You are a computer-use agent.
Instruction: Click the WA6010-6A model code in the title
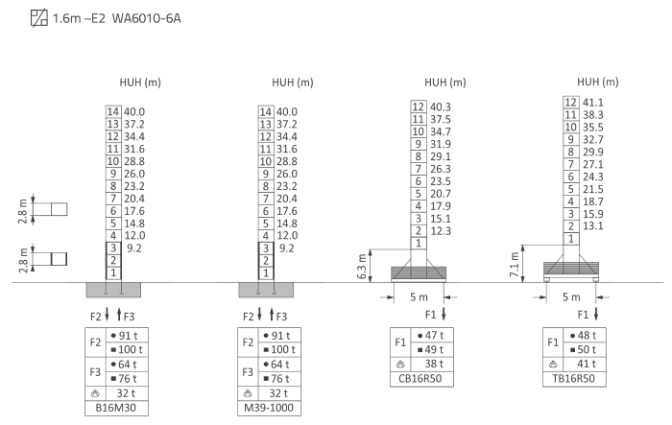pos(146,18)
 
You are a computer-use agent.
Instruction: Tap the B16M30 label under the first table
pos(116,408)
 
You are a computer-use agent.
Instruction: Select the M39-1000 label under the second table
pos(269,408)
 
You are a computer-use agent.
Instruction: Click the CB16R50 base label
pos(420,379)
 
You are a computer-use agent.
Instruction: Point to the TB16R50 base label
pos(573,379)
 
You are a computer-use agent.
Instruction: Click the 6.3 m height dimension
pos(362,266)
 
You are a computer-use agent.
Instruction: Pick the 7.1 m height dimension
pos(515,264)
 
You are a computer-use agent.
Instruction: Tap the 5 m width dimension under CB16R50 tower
pos(419,296)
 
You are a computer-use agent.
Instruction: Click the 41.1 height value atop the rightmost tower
pos(592,103)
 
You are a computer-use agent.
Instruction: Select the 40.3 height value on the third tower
pos(441,106)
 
